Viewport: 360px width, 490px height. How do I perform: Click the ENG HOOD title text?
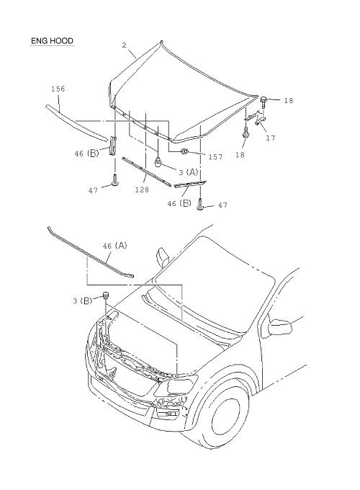click(52, 41)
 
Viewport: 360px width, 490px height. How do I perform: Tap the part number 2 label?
click(125, 45)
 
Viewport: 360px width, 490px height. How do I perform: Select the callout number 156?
click(58, 89)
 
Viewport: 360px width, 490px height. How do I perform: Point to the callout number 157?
click(215, 156)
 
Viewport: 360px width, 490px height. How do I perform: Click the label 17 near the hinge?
click(271, 138)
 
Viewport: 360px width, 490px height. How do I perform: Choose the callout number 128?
click(142, 190)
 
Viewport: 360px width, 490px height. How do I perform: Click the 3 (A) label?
click(189, 172)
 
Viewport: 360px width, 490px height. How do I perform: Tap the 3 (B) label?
click(83, 301)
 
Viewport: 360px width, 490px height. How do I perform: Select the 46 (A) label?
click(115, 246)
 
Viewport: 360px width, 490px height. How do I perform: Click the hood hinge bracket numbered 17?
click(256, 117)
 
